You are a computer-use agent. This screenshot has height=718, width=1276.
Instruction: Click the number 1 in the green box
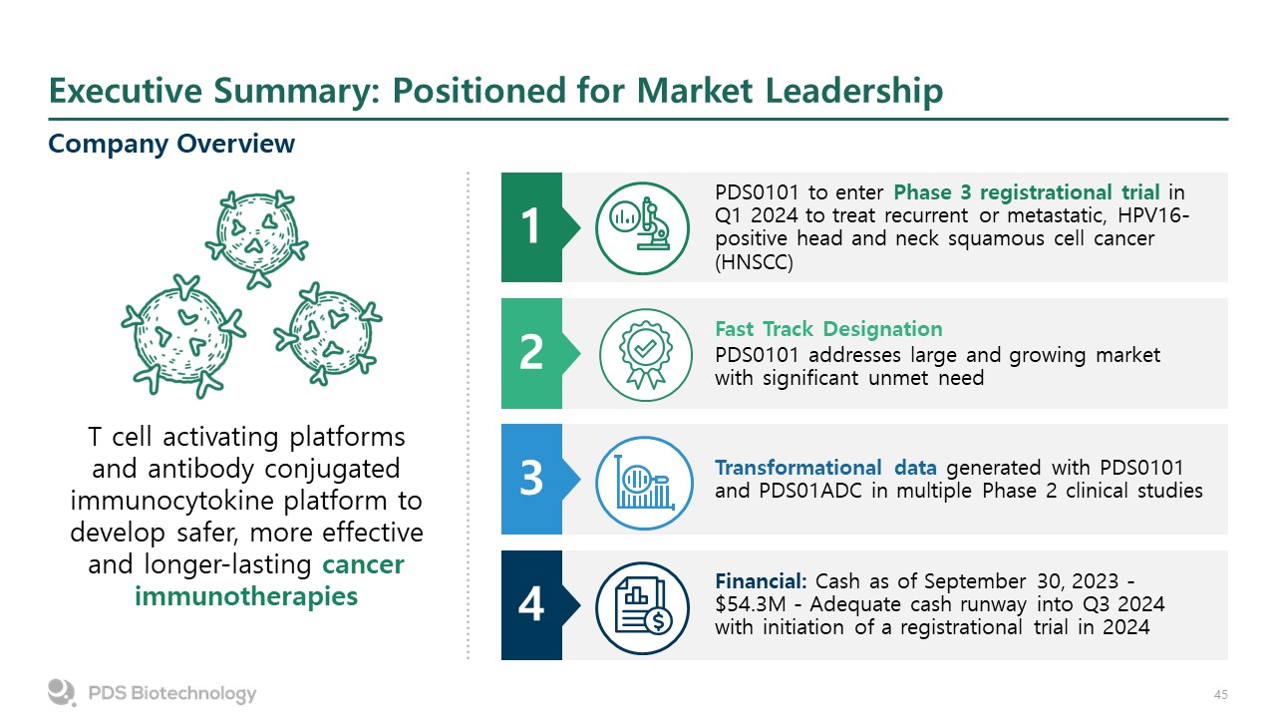point(531,227)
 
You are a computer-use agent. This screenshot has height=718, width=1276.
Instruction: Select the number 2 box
point(531,353)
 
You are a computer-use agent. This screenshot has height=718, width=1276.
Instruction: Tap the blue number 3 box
point(531,479)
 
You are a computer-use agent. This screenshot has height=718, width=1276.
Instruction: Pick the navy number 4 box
point(531,604)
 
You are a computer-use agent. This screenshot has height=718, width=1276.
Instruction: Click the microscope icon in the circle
point(643,227)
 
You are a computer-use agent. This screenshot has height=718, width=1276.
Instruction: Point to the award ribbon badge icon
point(643,353)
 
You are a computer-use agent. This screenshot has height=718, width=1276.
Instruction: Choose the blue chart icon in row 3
point(643,479)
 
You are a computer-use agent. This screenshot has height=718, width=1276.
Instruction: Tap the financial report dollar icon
point(643,604)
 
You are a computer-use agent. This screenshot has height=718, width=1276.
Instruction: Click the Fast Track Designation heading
point(828,329)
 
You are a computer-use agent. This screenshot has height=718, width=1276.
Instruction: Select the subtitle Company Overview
point(171,144)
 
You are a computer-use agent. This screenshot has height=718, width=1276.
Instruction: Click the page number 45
point(1220,694)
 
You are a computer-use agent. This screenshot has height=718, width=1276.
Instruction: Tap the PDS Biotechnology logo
point(152,692)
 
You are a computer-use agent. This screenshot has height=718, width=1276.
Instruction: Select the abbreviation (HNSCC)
point(753,262)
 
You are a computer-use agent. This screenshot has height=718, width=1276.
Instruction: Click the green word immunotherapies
point(245,596)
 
